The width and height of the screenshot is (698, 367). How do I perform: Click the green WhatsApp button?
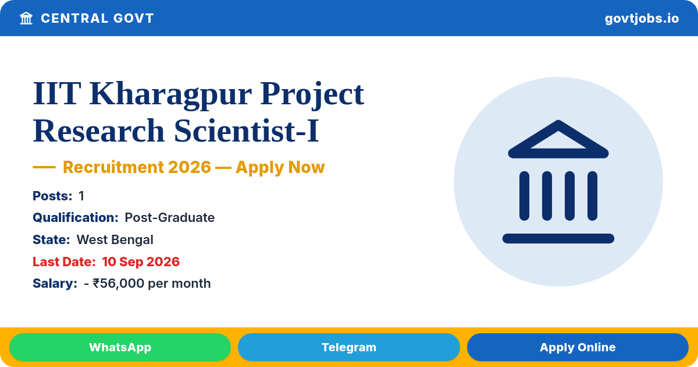[x=120, y=347]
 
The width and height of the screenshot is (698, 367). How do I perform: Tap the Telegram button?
[x=348, y=347]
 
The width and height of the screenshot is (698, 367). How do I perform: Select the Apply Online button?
[x=578, y=347]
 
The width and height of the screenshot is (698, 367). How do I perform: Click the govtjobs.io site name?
[x=642, y=19]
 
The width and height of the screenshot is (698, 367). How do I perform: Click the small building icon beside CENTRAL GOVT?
[x=26, y=19]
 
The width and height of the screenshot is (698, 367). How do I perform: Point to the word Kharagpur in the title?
[x=170, y=94]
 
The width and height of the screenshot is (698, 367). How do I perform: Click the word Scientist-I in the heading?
[x=247, y=131]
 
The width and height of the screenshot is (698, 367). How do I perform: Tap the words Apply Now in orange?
[x=280, y=167]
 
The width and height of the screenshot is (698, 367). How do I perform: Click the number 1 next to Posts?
[x=81, y=196]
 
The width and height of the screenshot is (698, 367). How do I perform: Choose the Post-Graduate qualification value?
[x=169, y=218]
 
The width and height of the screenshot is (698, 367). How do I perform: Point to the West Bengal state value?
[x=115, y=239]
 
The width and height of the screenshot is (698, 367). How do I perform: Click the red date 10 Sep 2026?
[x=141, y=262]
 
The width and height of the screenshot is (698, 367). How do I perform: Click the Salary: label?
[x=55, y=284]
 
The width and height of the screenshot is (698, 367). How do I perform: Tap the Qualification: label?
[x=76, y=218]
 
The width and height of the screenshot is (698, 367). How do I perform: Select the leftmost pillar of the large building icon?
[x=524, y=196]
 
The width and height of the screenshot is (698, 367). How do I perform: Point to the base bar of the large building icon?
[x=558, y=238]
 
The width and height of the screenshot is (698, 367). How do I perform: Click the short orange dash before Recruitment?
[x=44, y=167]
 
